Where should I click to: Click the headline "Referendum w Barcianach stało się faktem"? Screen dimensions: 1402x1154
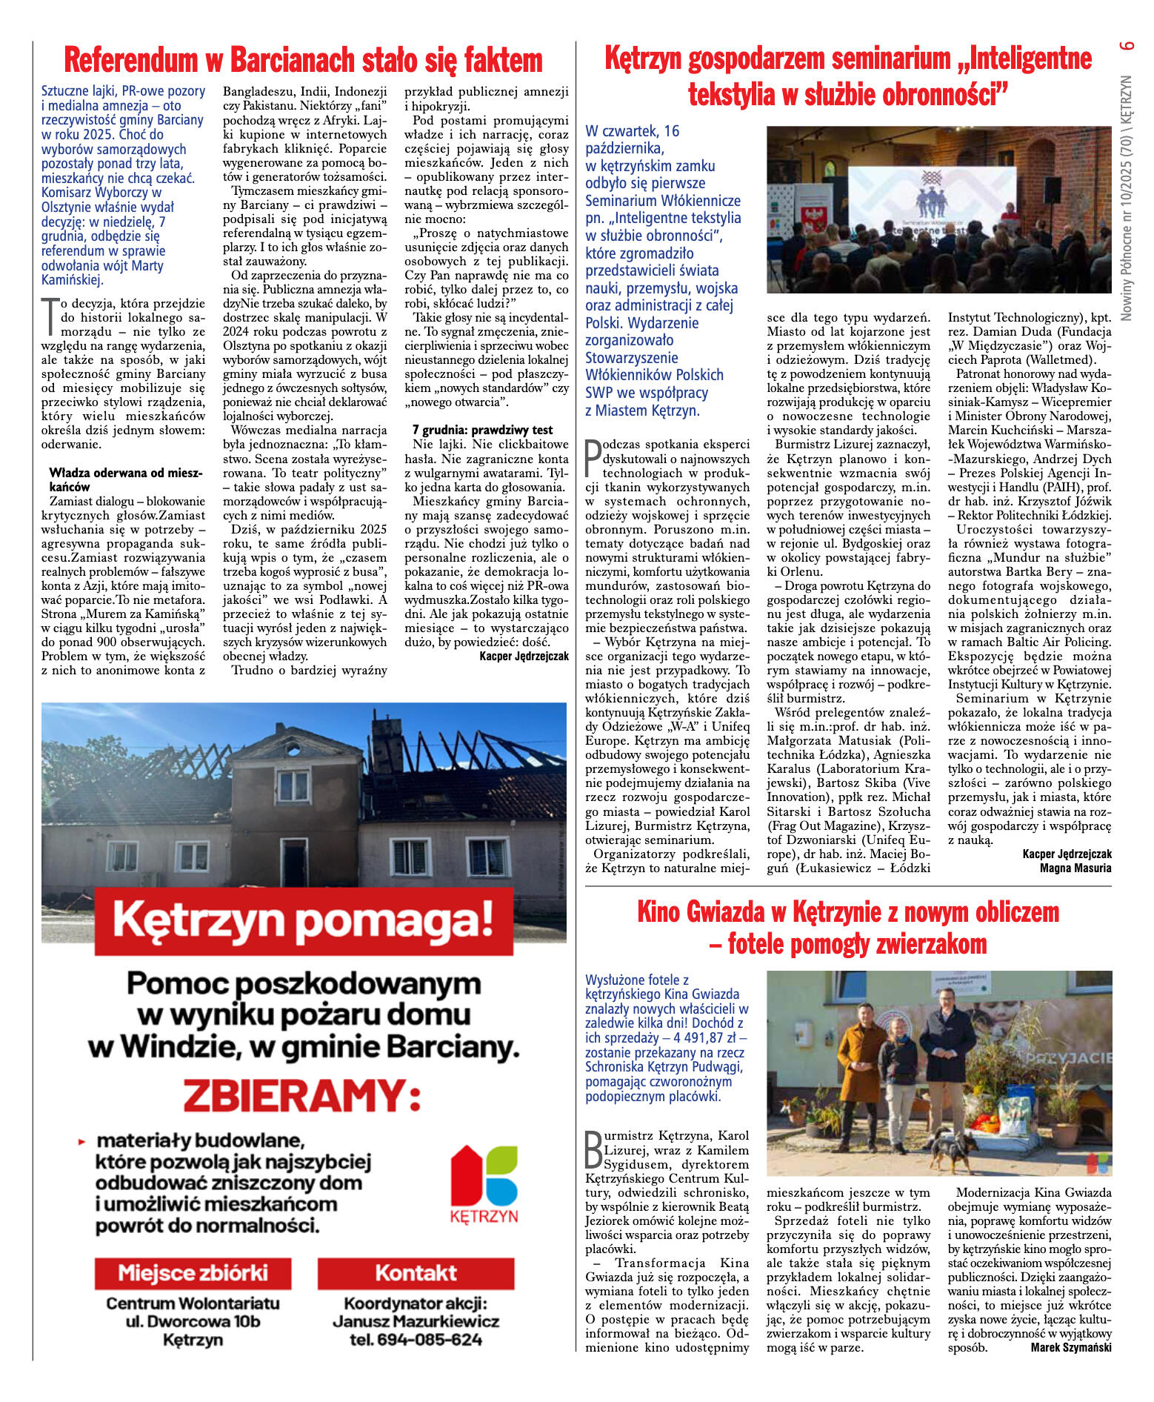tap(303, 60)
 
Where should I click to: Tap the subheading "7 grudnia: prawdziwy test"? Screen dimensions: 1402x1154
tap(482, 430)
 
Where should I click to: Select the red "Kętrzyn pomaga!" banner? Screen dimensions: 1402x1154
tap(304, 921)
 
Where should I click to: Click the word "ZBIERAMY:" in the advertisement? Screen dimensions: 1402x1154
tap(303, 1095)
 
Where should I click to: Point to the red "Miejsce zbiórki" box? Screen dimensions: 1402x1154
tap(193, 1273)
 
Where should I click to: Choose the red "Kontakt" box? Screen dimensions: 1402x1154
tap(416, 1273)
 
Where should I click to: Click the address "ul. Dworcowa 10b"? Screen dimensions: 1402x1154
tap(193, 1321)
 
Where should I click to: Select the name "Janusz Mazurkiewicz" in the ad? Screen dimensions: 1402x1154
tap(416, 1321)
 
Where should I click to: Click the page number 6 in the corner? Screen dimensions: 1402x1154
tap(1127, 45)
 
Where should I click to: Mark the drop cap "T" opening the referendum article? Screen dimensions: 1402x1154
tap(50, 316)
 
